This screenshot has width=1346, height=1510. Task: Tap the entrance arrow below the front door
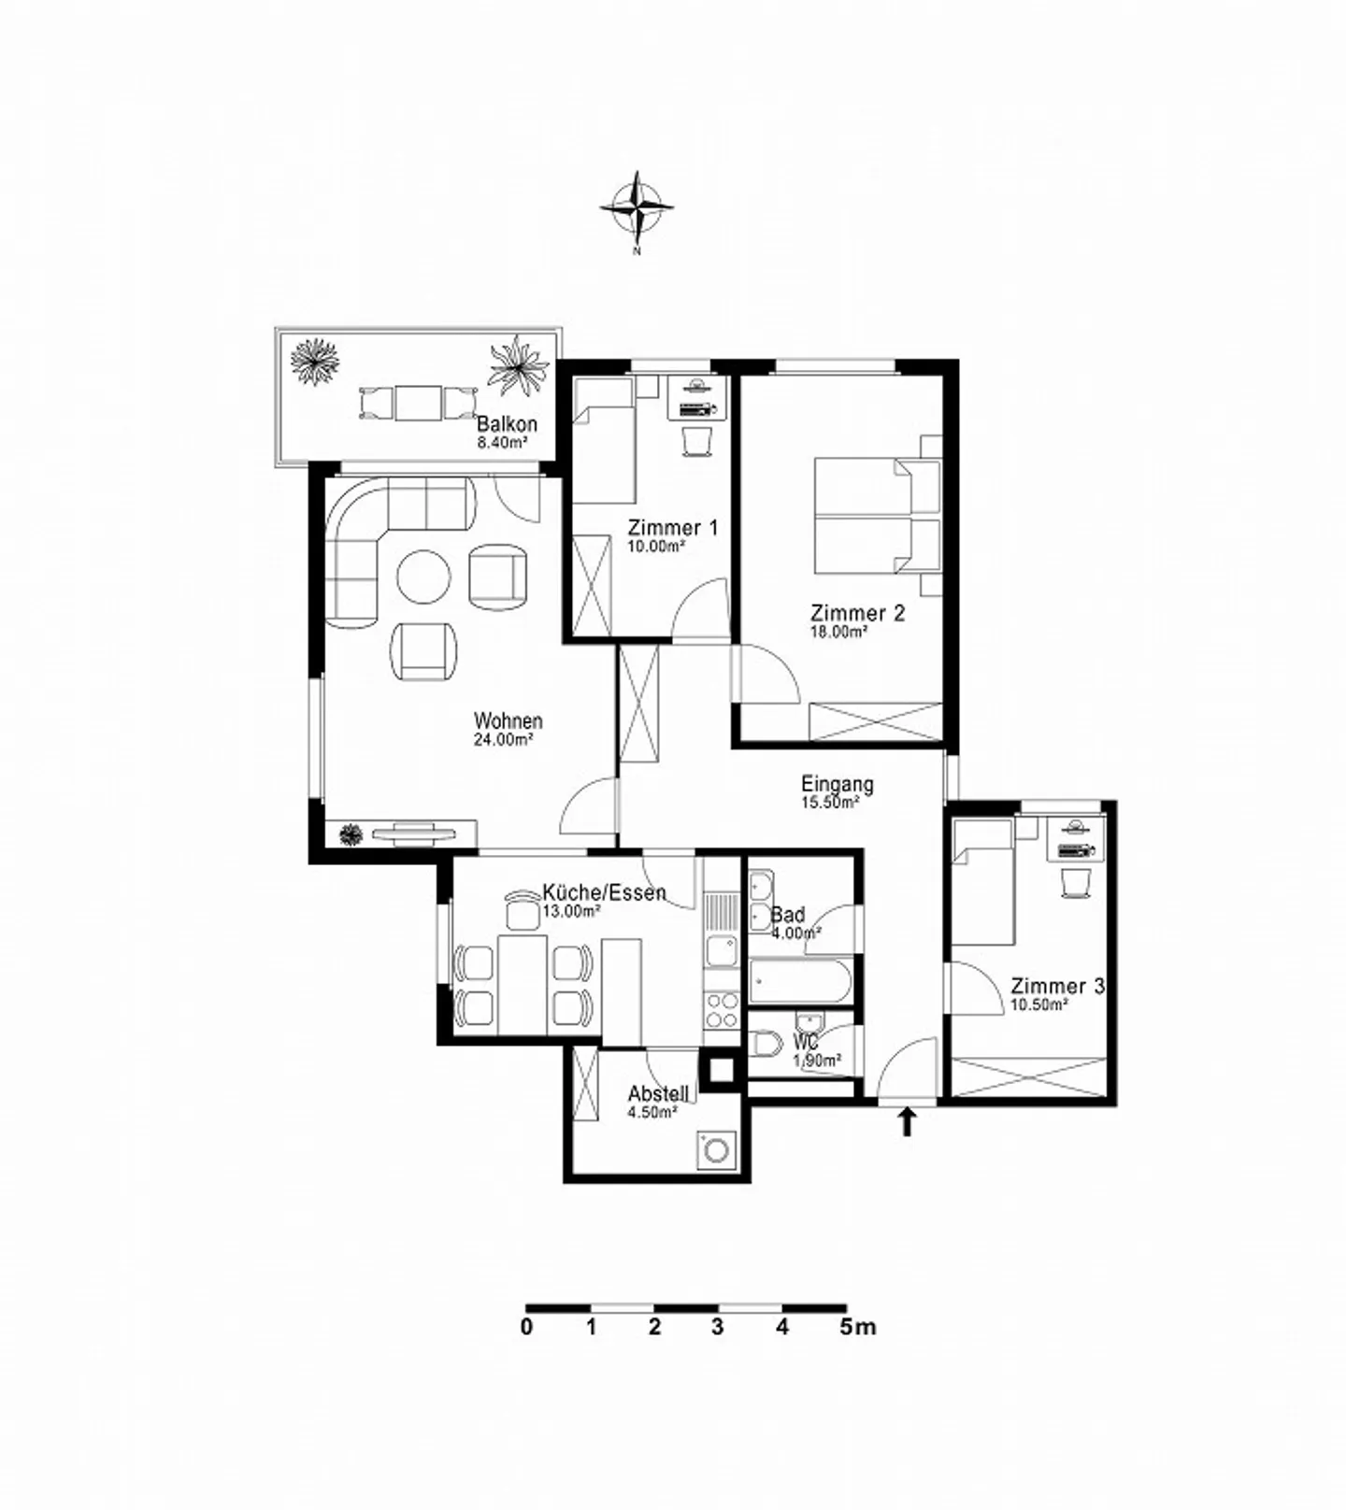click(906, 1122)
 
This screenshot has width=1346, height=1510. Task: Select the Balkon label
click(507, 423)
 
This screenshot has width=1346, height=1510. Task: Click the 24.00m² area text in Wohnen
click(504, 740)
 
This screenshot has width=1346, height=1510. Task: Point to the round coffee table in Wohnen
click(424, 577)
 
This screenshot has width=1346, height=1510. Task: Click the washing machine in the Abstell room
click(717, 1150)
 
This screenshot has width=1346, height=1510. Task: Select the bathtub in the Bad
click(799, 981)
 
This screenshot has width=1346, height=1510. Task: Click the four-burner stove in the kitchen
click(721, 1010)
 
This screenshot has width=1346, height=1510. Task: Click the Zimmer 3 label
click(1058, 987)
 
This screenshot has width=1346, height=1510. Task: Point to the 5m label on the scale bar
click(858, 1327)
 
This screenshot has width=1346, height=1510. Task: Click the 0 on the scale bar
click(527, 1327)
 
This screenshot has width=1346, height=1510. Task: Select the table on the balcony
click(417, 404)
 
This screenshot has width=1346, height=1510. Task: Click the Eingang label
click(838, 784)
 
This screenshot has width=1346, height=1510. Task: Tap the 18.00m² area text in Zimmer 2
click(838, 632)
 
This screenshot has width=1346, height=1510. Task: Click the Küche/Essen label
click(604, 892)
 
